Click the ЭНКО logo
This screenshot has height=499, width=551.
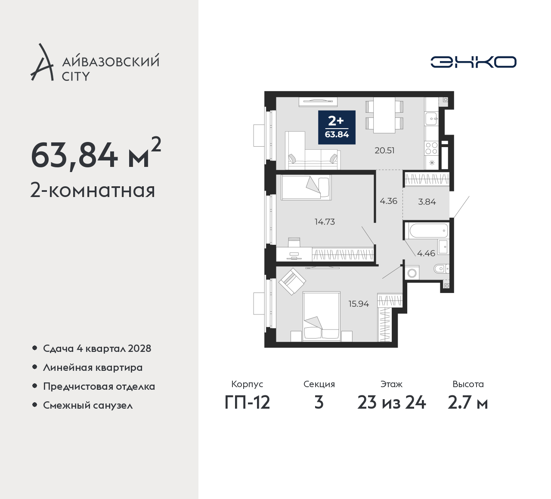pyautogui.click(x=473, y=62)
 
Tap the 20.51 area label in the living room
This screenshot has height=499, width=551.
pyautogui.click(x=384, y=151)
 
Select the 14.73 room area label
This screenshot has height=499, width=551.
pyautogui.click(x=325, y=222)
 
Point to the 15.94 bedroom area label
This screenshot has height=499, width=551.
pyautogui.click(x=359, y=304)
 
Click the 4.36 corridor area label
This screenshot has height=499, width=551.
pyautogui.click(x=388, y=201)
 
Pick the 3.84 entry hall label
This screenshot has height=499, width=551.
pyautogui.click(x=427, y=202)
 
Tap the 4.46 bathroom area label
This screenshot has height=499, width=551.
pyautogui.click(x=426, y=253)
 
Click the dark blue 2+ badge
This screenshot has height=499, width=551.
pyautogui.click(x=337, y=127)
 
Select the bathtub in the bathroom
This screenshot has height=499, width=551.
pyautogui.click(x=429, y=231)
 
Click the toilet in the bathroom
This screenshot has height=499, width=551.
pyautogui.click(x=441, y=268)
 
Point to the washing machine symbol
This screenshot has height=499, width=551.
pyautogui.click(x=412, y=273)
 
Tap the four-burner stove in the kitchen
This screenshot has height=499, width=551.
pyautogui.click(x=431, y=148)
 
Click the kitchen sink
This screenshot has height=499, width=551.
pyautogui.click(x=431, y=119)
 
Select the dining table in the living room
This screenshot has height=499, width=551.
pyautogui.click(x=384, y=115)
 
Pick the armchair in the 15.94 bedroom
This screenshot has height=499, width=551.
pyautogui.click(x=292, y=281)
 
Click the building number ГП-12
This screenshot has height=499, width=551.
pyautogui.click(x=248, y=403)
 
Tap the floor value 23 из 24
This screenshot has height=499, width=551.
pyautogui.click(x=391, y=403)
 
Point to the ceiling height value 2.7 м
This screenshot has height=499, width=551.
pyautogui.click(x=468, y=403)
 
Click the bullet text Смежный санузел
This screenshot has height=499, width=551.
pyautogui.click(x=88, y=405)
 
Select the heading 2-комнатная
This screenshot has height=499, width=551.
pyautogui.click(x=93, y=191)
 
